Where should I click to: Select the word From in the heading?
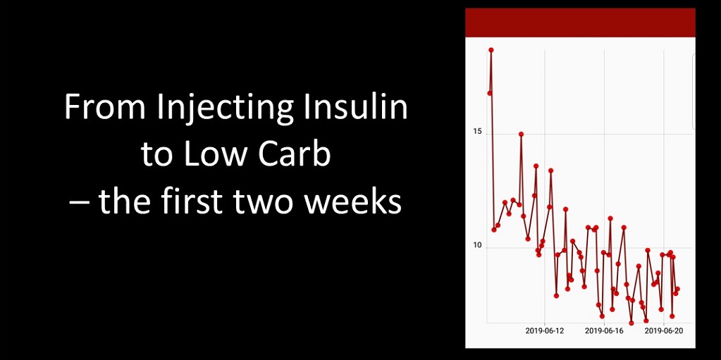tap(105, 107)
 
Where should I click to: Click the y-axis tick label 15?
tap(477, 132)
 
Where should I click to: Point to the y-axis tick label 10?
tap(477, 245)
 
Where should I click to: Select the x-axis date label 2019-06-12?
tap(544, 330)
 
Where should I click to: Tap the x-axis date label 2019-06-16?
tap(604, 330)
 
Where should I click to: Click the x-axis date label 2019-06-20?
tap(663, 330)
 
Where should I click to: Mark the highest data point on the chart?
tap(491, 49)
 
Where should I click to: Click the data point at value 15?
tap(521, 134)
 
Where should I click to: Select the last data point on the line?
tap(677, 289)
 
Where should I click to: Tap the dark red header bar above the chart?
tap(580, 23)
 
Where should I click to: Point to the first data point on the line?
tap(490, 93)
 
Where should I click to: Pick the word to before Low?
tap(159, 156)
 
